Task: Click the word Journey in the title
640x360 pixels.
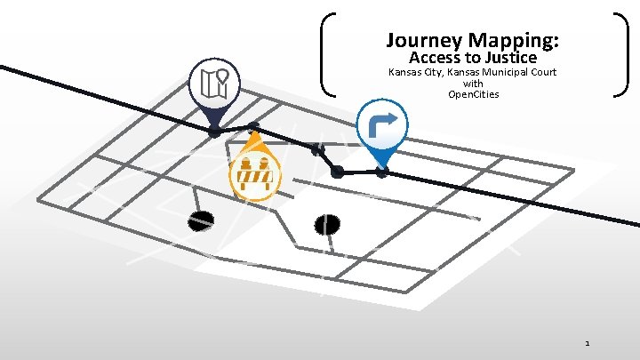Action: [x=422, y=41]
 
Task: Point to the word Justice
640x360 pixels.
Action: [x=507, y=59]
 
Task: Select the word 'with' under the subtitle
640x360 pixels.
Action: [x=473, y=84]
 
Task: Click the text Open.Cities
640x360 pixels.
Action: [x=473, y=94]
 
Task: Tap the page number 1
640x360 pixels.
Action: [x=588, y=342]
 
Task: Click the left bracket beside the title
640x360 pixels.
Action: [x=327, y=53]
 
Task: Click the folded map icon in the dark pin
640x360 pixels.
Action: [x=215, y=83]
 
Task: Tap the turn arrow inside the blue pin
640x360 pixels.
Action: [x=382, y=124]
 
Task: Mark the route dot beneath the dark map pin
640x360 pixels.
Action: [x=214, y=132]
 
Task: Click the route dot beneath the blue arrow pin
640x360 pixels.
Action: [x=382, y=172]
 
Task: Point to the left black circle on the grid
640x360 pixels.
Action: [x=202, y=220]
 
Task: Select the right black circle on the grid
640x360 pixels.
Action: [x=328, y=225]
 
